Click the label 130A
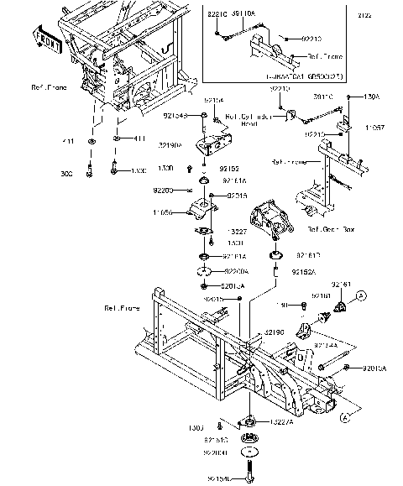(371, 97)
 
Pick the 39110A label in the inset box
(243, 15)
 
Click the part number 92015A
(375, 368)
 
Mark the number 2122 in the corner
(386, 15)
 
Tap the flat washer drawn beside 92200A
(201, 271)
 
